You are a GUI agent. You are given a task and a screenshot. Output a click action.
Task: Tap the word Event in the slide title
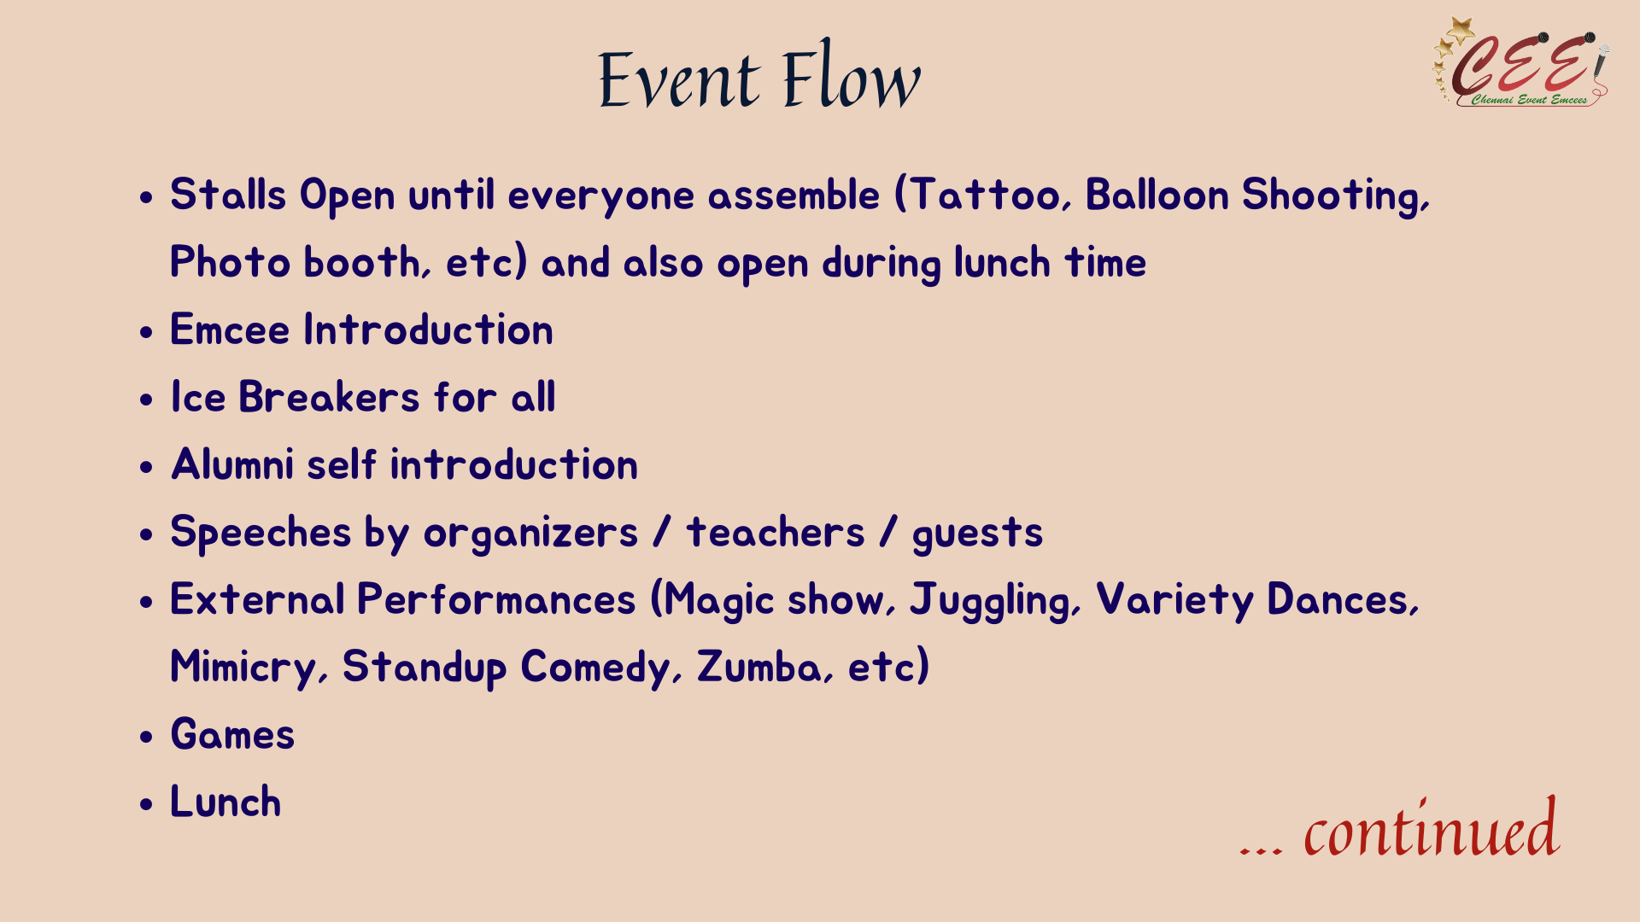pyautogui.click(x=679, y=79)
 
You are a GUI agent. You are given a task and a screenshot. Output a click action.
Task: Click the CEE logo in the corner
pyautogui.click(x=1520, y=62)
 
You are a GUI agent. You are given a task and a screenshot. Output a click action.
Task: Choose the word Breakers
pyautogui.click(x=329, y=397)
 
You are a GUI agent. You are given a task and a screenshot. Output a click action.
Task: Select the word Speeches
pyautogui.click(x=261, y=533)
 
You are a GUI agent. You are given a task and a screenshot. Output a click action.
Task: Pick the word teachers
pyautogui.click(x=776, y=533)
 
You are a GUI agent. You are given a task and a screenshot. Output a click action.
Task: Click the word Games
pyautogui.click(x=232, y=734)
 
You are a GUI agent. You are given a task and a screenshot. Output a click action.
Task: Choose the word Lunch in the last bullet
pyautogui.click(x=225, y=802)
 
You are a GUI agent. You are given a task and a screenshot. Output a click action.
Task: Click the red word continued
pyautogui.click(x=1432, y=829)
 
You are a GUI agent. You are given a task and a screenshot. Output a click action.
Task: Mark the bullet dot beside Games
pyautogui.click(x=147, y=737)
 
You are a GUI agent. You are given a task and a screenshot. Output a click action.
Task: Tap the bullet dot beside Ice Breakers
pyautogui.click(x=147, y=400)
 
